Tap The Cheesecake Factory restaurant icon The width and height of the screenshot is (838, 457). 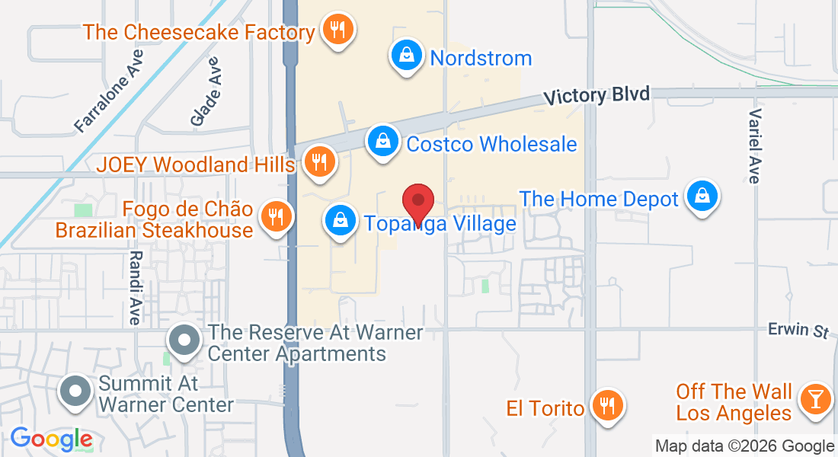(336, 30)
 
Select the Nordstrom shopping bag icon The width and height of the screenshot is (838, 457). (408, 56)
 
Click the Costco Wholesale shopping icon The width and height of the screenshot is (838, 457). (382, 142)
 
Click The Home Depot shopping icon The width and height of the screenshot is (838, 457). (700, 198)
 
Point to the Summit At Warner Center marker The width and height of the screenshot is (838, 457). (75, 391)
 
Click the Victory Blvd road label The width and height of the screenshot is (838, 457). (597, 95)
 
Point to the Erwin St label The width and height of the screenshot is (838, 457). (798, 331)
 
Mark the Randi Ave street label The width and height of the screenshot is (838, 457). (135, 288)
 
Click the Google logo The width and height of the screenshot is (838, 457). (51, 439)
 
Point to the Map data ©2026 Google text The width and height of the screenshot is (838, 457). (744, 446)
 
